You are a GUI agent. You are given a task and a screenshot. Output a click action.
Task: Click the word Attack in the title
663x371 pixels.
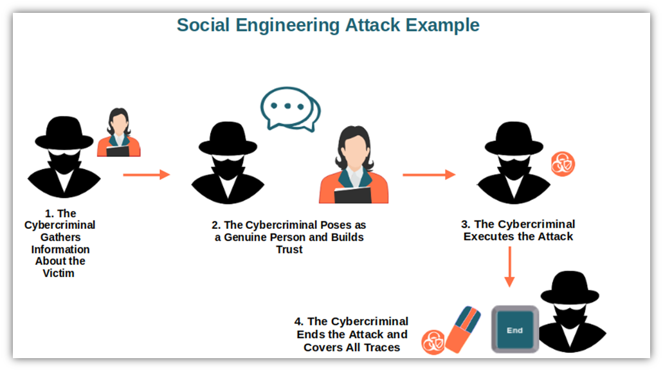pyautogui.click(x=372, y=25)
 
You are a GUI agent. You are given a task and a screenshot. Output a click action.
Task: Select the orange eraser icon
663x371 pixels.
pyautogui.click(x=463, y=330)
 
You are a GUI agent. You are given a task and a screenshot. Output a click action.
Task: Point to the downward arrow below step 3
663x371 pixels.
pyautogui.click(x=509, y=267)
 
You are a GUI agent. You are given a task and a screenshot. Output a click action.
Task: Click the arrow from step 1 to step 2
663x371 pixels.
pyautogui.click(x=147, y=174)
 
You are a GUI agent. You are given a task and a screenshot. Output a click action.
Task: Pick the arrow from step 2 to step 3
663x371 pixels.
pyautogui.click(x=429, y=174)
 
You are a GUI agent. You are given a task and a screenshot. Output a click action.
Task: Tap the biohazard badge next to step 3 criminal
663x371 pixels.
pyautogui.click(x=563, y=164)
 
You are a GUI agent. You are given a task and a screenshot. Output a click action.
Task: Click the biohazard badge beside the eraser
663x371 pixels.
pyautogui.click(x=433, y=342)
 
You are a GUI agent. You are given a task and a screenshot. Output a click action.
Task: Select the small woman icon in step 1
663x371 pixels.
pyautogui.click(x=119, y=132)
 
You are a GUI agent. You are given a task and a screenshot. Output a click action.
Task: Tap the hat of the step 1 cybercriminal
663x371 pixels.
pyautogui.click(x=64, y=133)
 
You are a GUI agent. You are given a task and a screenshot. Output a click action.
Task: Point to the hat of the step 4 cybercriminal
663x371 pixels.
pyautogui.click(x=570, y=287)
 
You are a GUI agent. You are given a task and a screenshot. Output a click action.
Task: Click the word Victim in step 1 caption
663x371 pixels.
pyautogui.click(x=59, y=273)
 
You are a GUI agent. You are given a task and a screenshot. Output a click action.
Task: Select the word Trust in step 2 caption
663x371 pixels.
pyautogui.click(x=289, y=249)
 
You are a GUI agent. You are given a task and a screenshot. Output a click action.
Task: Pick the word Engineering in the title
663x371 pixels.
pyautogui.click(x=287, y=26)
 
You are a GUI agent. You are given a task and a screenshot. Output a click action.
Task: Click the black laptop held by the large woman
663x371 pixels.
pyautogui.click(x=352, y=195)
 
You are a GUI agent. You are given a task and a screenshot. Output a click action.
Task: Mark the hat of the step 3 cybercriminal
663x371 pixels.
pyautogui.click(x=514, y=138)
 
